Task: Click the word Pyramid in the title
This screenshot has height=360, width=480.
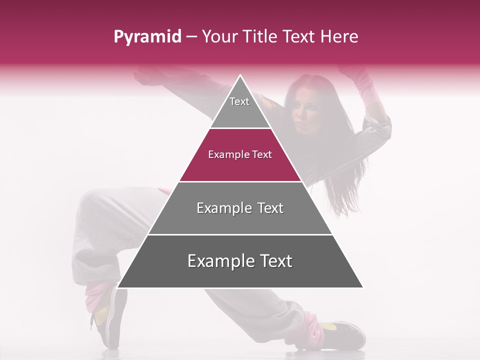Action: (147, 36)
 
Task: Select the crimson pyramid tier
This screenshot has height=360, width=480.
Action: (240, 162)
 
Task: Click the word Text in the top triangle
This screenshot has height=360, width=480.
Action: (239, 101)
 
